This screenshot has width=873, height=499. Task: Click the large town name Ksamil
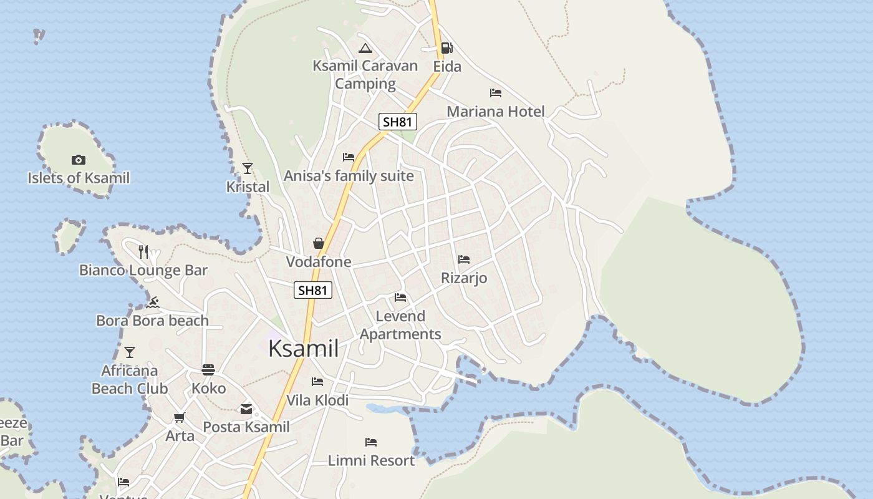click(304, 349)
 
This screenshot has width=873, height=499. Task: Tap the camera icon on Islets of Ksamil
click(78, 160)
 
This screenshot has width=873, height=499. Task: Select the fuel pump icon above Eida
click(446, 48)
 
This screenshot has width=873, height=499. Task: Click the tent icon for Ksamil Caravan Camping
click(365, 48)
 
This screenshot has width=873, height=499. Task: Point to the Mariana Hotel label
click(496, 112)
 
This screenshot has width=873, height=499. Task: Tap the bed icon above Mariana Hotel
click(496, 93)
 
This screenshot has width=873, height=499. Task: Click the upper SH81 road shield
click(398, 122)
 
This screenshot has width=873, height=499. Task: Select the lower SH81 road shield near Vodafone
click(313, 290)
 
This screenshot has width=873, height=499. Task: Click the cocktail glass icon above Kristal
click(248, 168)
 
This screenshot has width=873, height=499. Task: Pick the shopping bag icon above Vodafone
click(319, 243)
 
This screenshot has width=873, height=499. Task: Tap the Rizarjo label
click(464, 278)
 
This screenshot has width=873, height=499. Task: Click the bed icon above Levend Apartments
click(400, 298)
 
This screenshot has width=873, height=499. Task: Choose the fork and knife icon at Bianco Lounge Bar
click(143, 252)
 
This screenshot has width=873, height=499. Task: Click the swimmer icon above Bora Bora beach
click(153, 303)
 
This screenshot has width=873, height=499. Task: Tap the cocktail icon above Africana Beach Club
click(130, 352)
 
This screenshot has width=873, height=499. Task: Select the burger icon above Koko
click(208, 370)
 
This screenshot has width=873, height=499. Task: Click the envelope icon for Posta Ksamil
click(246, 409)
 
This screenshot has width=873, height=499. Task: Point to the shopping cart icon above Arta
click(180, 417)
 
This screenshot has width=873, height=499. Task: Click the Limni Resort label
click(371, 461)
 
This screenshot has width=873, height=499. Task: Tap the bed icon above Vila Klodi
click(317, 382)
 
